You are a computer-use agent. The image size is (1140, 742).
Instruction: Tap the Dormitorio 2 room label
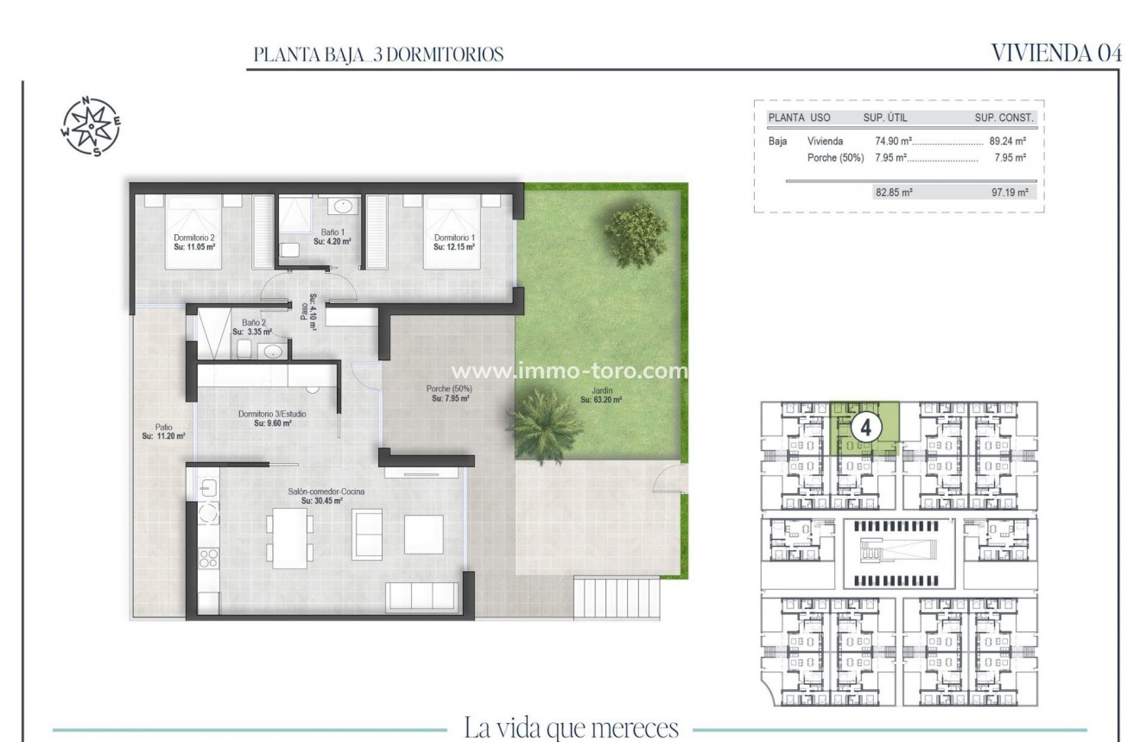(x=193, y=242)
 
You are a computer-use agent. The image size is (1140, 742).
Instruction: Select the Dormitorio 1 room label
(x=454, y=242)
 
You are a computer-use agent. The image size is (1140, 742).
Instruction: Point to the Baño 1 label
(x=332, y=237)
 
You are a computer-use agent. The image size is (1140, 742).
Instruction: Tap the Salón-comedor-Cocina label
(x=326, y=496)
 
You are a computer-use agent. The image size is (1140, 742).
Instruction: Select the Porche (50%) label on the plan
(x=450, y=394)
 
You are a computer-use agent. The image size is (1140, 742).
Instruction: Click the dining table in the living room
(x=288, y=535)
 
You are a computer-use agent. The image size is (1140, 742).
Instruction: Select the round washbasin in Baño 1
(x=343, y=206)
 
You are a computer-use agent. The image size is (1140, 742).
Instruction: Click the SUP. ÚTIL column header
(x=885, y=117)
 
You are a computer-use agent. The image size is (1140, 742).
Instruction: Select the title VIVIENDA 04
(x=1056, y=54)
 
